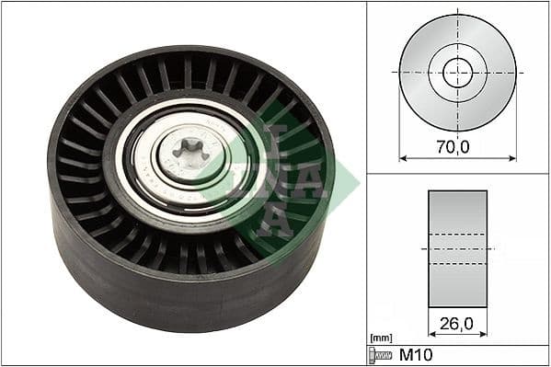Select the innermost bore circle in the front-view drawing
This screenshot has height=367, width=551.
tap(457, 72)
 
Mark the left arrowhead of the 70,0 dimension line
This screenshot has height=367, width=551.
tap(402, 157)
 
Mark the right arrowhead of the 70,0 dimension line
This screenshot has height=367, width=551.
tap(513, 157)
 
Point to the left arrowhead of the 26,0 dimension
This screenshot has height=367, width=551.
tap(431, 333)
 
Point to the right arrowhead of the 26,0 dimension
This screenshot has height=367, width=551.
tap(484, 333)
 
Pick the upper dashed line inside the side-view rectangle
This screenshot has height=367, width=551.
tap(457, 234)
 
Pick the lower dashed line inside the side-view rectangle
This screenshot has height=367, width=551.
tap(457, 263)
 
